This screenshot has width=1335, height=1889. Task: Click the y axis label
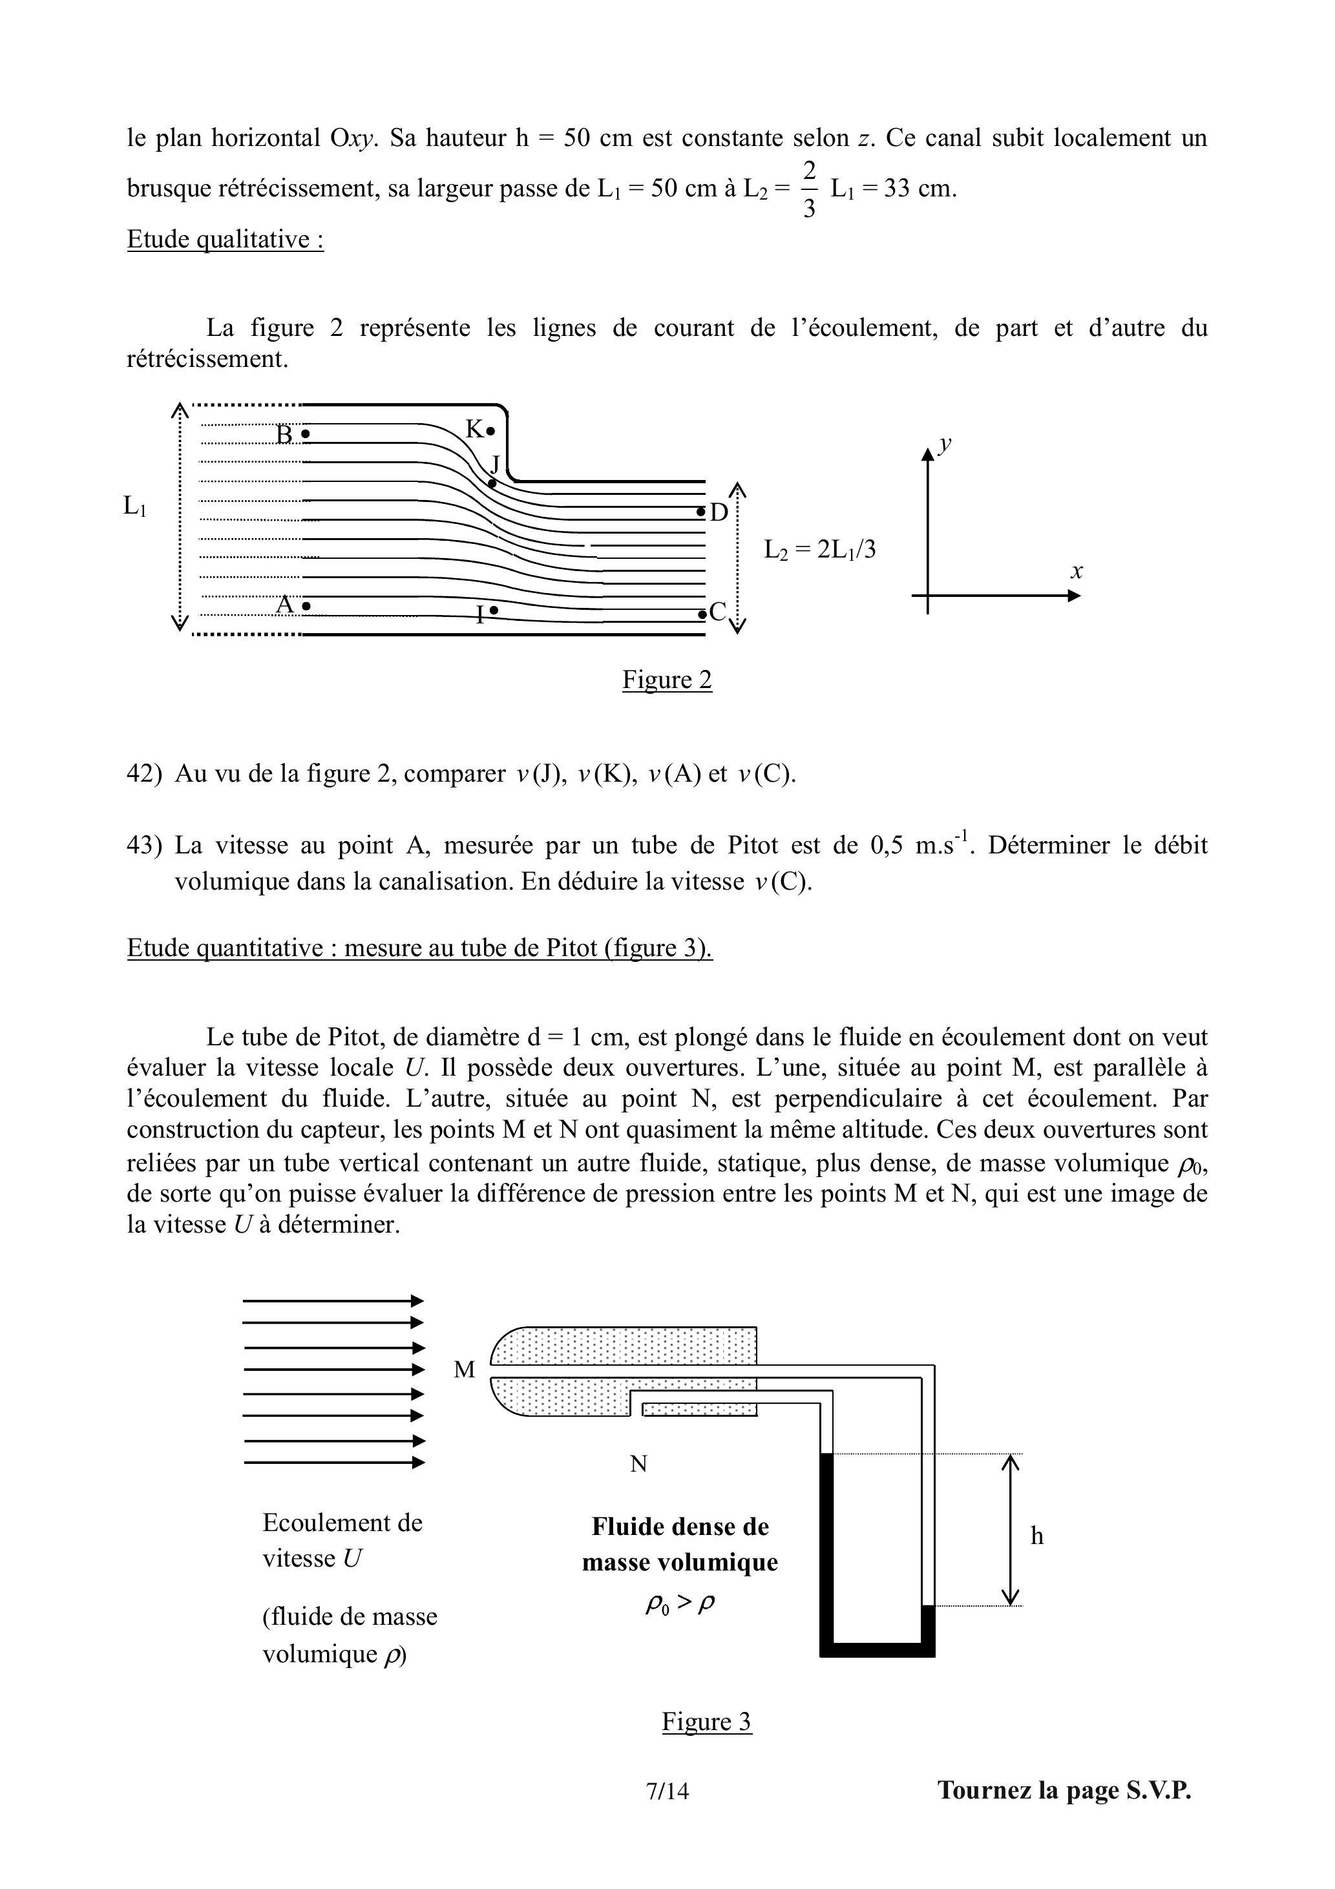point(945,444)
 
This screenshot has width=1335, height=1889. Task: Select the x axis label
point(1076,570)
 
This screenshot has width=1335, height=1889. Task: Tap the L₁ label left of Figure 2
point(135,506)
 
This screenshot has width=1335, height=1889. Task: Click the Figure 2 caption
point(667,680)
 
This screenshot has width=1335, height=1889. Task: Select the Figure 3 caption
point(706,1721)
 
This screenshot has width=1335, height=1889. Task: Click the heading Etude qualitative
point(225,240)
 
